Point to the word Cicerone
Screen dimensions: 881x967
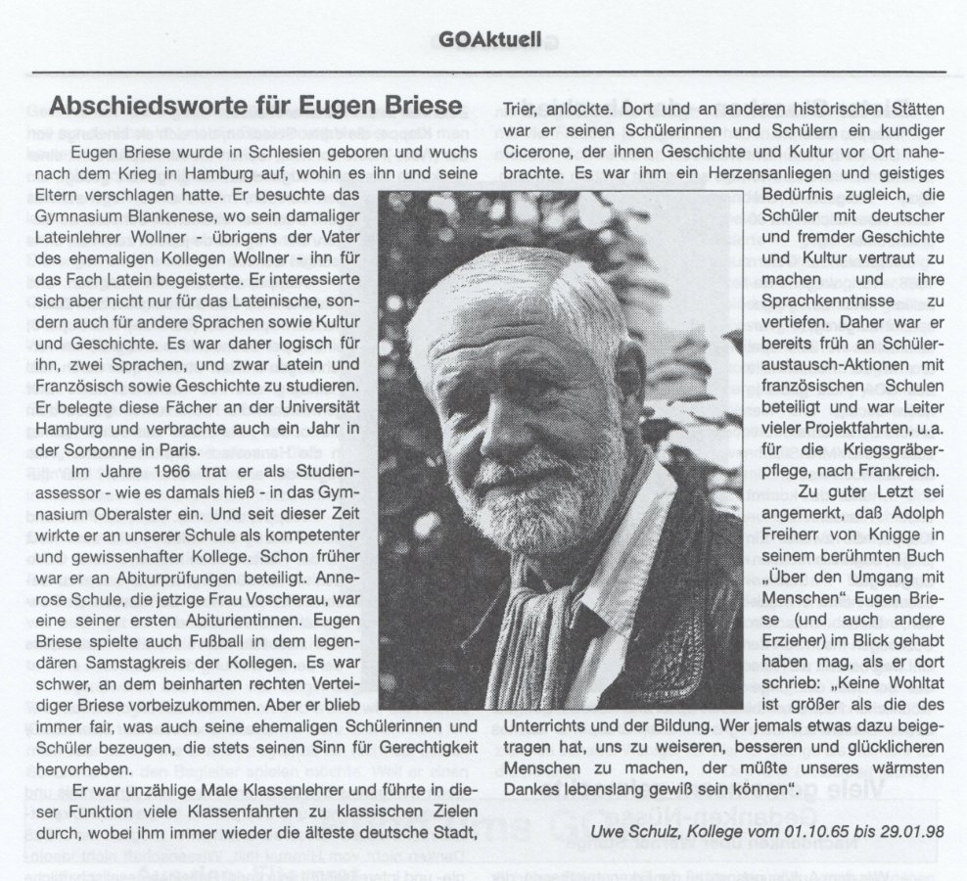click(540, 153)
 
